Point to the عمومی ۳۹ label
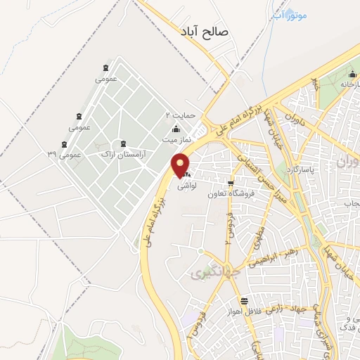tap(64, 153)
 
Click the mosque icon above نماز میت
tap(176, 129)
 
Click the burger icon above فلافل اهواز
tap(243, 300)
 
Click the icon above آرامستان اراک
tap(124, 143)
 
